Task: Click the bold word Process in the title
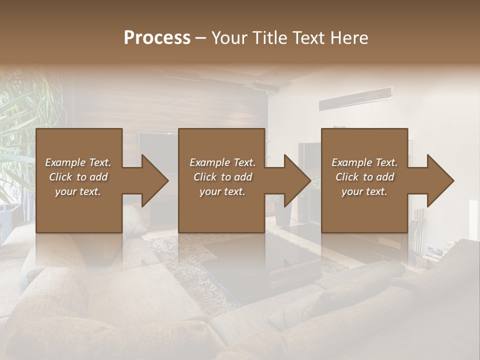coord(157,37)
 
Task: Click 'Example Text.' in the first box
coord(78,162)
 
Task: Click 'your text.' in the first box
coord(78,191)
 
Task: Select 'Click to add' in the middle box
coord(222,177)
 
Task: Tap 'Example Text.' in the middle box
coord(222,162)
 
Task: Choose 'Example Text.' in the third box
coord(364,162)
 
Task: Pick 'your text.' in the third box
coord(364,191)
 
